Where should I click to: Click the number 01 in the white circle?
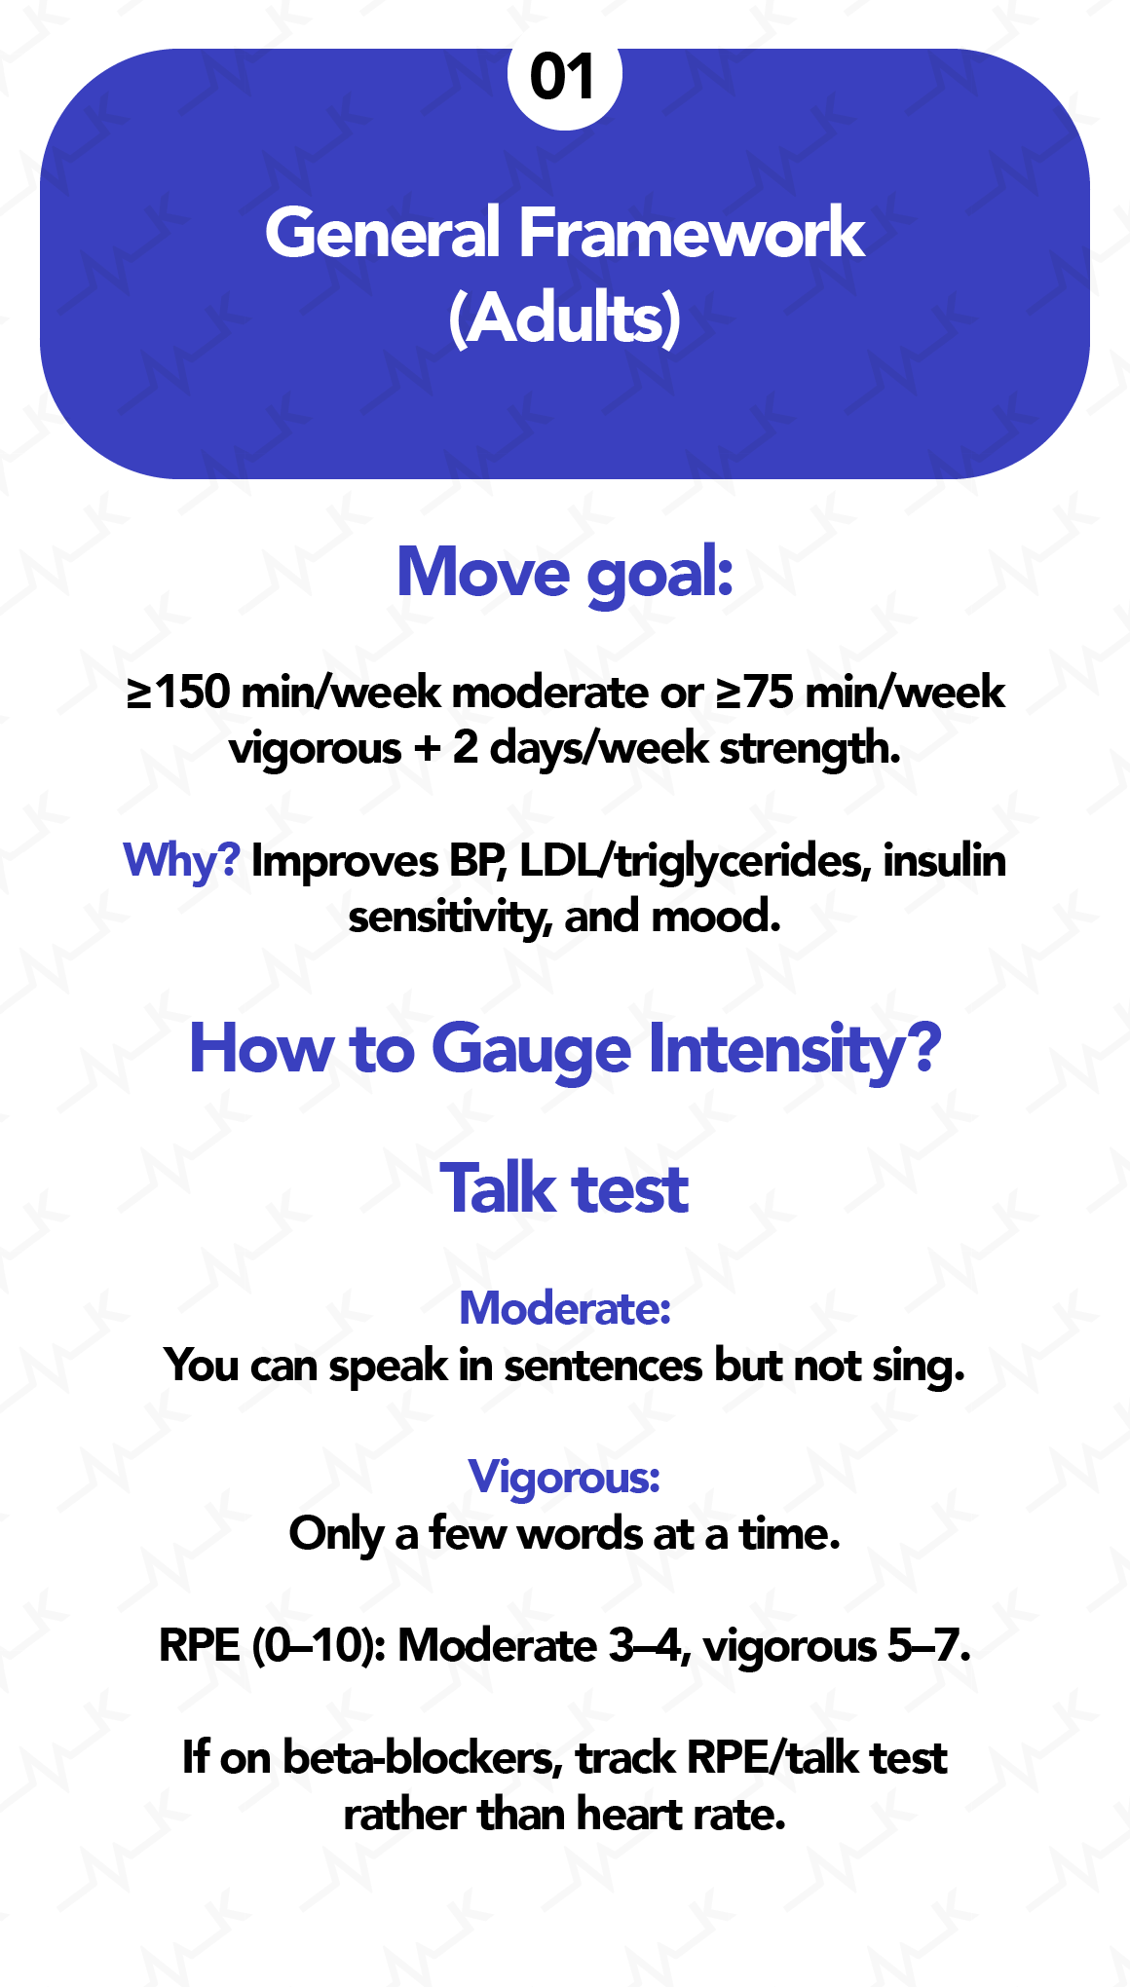pyautogui.click(x=564, y=78)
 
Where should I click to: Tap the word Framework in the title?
pyautogui.click(x=692, y=234)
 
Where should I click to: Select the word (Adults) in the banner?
pyautogui.click(x=565, y=319)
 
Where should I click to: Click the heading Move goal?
pyautogui.click(x=565, y=573)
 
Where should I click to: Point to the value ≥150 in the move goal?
pyautogui.click(x=178, y=693)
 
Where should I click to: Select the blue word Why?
pyautogui.click(x=181, y=862)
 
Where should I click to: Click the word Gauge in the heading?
pyautogui.click(x=531, y=1050)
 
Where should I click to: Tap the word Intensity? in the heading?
pyautogui.click(x=795, y=1050)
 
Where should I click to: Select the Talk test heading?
pyautogui.click(x=565, y=1189)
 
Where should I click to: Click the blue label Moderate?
pyautogui.click(x=565, y=1308)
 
